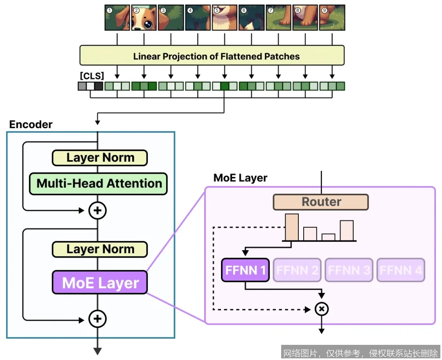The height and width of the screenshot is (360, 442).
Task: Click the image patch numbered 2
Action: [x=144, y=18]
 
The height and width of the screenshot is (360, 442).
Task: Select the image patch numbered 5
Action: [x=224, y=18]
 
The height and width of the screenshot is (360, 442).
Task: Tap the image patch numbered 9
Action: [x=332, y=18]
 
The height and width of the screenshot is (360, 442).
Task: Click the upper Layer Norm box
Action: [x=100, y=158]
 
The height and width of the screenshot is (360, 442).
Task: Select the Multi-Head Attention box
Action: [x=98, y=183]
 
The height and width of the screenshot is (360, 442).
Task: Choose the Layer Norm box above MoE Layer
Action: [x=100, y=249]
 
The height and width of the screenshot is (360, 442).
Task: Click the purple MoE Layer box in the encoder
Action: [x=99, y=282]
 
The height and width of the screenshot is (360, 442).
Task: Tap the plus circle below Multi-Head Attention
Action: [x=97, y=211]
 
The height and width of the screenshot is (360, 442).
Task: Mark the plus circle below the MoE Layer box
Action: [x=97, y=319]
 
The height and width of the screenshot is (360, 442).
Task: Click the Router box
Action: [x=321, y=202]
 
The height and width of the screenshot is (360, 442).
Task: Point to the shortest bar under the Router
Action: [x=328, y=237]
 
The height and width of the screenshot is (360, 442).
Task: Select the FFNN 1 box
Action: [x=245, y=270]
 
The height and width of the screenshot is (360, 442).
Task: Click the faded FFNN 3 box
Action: [x=349, y=270]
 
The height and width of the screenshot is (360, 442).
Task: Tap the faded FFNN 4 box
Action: [x=401, y=270]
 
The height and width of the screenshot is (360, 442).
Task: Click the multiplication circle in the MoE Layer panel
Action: [x=322, y=309]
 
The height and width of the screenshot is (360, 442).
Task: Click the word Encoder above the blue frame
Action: [x=31, y=125]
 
